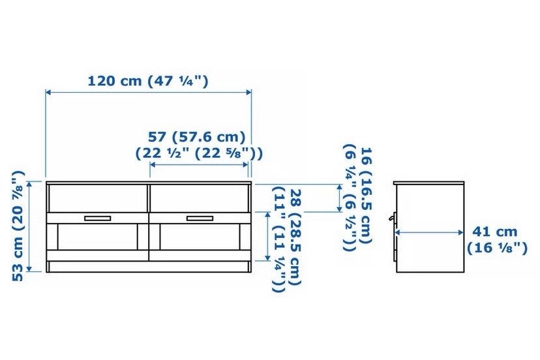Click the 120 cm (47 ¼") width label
(x=149, y=82)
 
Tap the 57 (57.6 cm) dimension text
(x=197, y=137)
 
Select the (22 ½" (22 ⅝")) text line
(x=199, y=153)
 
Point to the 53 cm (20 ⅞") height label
(x=18, y=226)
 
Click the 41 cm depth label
(x=494, y=232)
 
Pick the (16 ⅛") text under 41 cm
(x=497, y=248)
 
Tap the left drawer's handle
(x=97, y=218)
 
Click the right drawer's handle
(x=200, y=218)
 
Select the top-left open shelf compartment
(x=98, y=198)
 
